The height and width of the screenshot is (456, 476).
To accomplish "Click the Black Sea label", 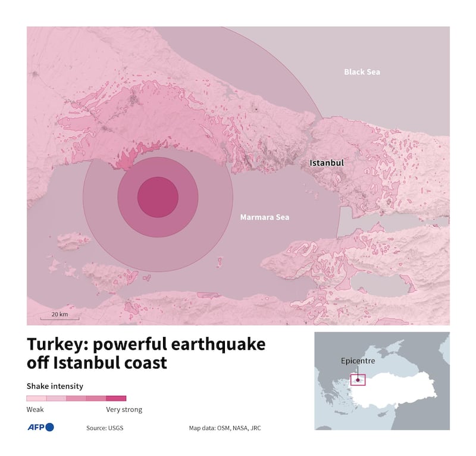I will coord(362,72).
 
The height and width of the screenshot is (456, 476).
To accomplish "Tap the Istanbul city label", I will coord(327,162).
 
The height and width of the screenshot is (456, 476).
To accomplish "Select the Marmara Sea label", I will coord(264,217).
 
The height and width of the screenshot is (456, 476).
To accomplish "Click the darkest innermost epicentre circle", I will coord(158,197).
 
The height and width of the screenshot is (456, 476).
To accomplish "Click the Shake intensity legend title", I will coord(55,386).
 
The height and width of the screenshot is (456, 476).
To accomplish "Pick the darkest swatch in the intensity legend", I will coord(116,398).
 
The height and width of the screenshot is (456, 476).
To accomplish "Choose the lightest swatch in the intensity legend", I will coord(36,398).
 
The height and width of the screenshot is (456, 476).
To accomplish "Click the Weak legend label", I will coord(35,410).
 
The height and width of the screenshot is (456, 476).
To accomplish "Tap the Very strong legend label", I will coord(124,410).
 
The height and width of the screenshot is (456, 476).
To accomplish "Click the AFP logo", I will coord(40,427).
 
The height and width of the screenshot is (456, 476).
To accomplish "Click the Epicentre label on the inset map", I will coord(358,361).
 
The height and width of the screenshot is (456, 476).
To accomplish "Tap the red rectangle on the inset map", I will coord(358,379).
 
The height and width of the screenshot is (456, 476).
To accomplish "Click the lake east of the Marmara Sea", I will coord(381,285).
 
